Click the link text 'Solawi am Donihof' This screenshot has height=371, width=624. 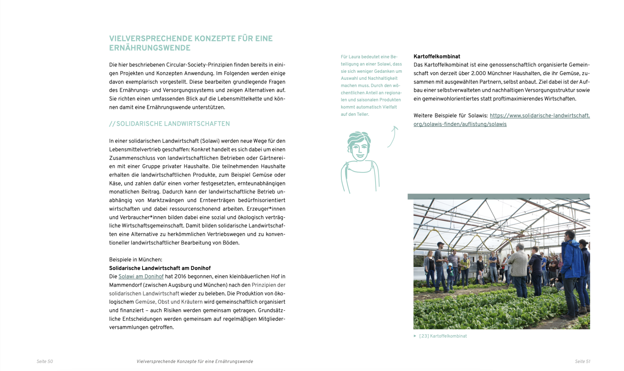141,277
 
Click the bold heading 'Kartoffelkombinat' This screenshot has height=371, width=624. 437,57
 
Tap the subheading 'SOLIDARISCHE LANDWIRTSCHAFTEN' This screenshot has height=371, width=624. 173,124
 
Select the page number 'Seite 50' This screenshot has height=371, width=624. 45,362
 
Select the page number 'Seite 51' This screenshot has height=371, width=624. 582,362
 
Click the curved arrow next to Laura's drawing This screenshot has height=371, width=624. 393,136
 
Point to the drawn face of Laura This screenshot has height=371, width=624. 359,147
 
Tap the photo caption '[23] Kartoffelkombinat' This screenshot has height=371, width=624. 443,336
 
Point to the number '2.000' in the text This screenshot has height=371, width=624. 478,74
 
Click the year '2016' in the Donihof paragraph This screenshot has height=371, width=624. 180,277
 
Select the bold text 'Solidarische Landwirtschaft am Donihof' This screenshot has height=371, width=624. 160,268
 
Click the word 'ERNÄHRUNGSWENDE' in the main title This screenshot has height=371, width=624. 150,48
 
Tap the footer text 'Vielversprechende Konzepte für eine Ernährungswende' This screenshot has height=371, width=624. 195,362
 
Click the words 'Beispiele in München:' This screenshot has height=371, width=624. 135,259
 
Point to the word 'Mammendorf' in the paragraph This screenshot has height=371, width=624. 125,285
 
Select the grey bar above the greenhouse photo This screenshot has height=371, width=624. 498,196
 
